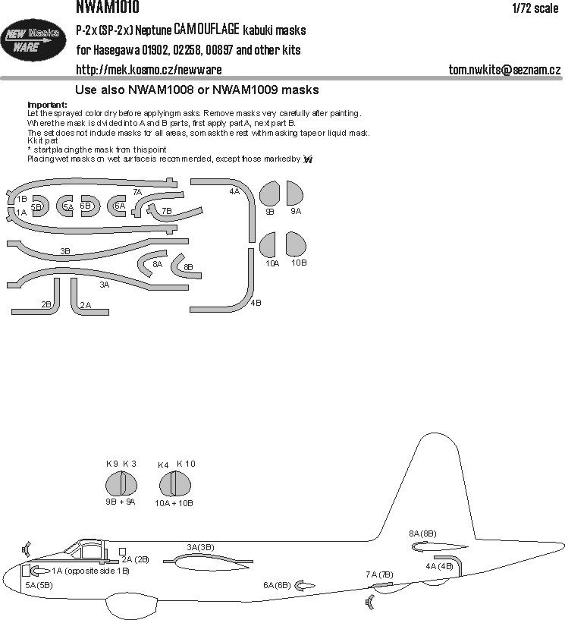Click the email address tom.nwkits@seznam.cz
click(x=504, y=70)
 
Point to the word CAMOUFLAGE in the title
click(x=206, y=30)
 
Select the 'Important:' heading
click(x=47, y=104)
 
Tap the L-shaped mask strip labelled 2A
click(x=80, y=296)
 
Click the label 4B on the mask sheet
click(x=256, y=304)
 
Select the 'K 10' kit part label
click(x=186, y=464)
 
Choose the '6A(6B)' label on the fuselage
click(x=277, y=585)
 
